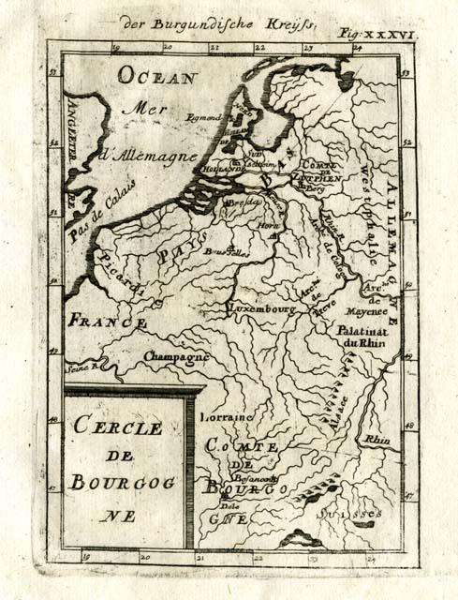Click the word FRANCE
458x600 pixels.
[106, 321]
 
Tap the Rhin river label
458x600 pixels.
[377, 438]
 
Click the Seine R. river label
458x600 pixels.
[82, 368]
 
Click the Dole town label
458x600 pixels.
[229, 505]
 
